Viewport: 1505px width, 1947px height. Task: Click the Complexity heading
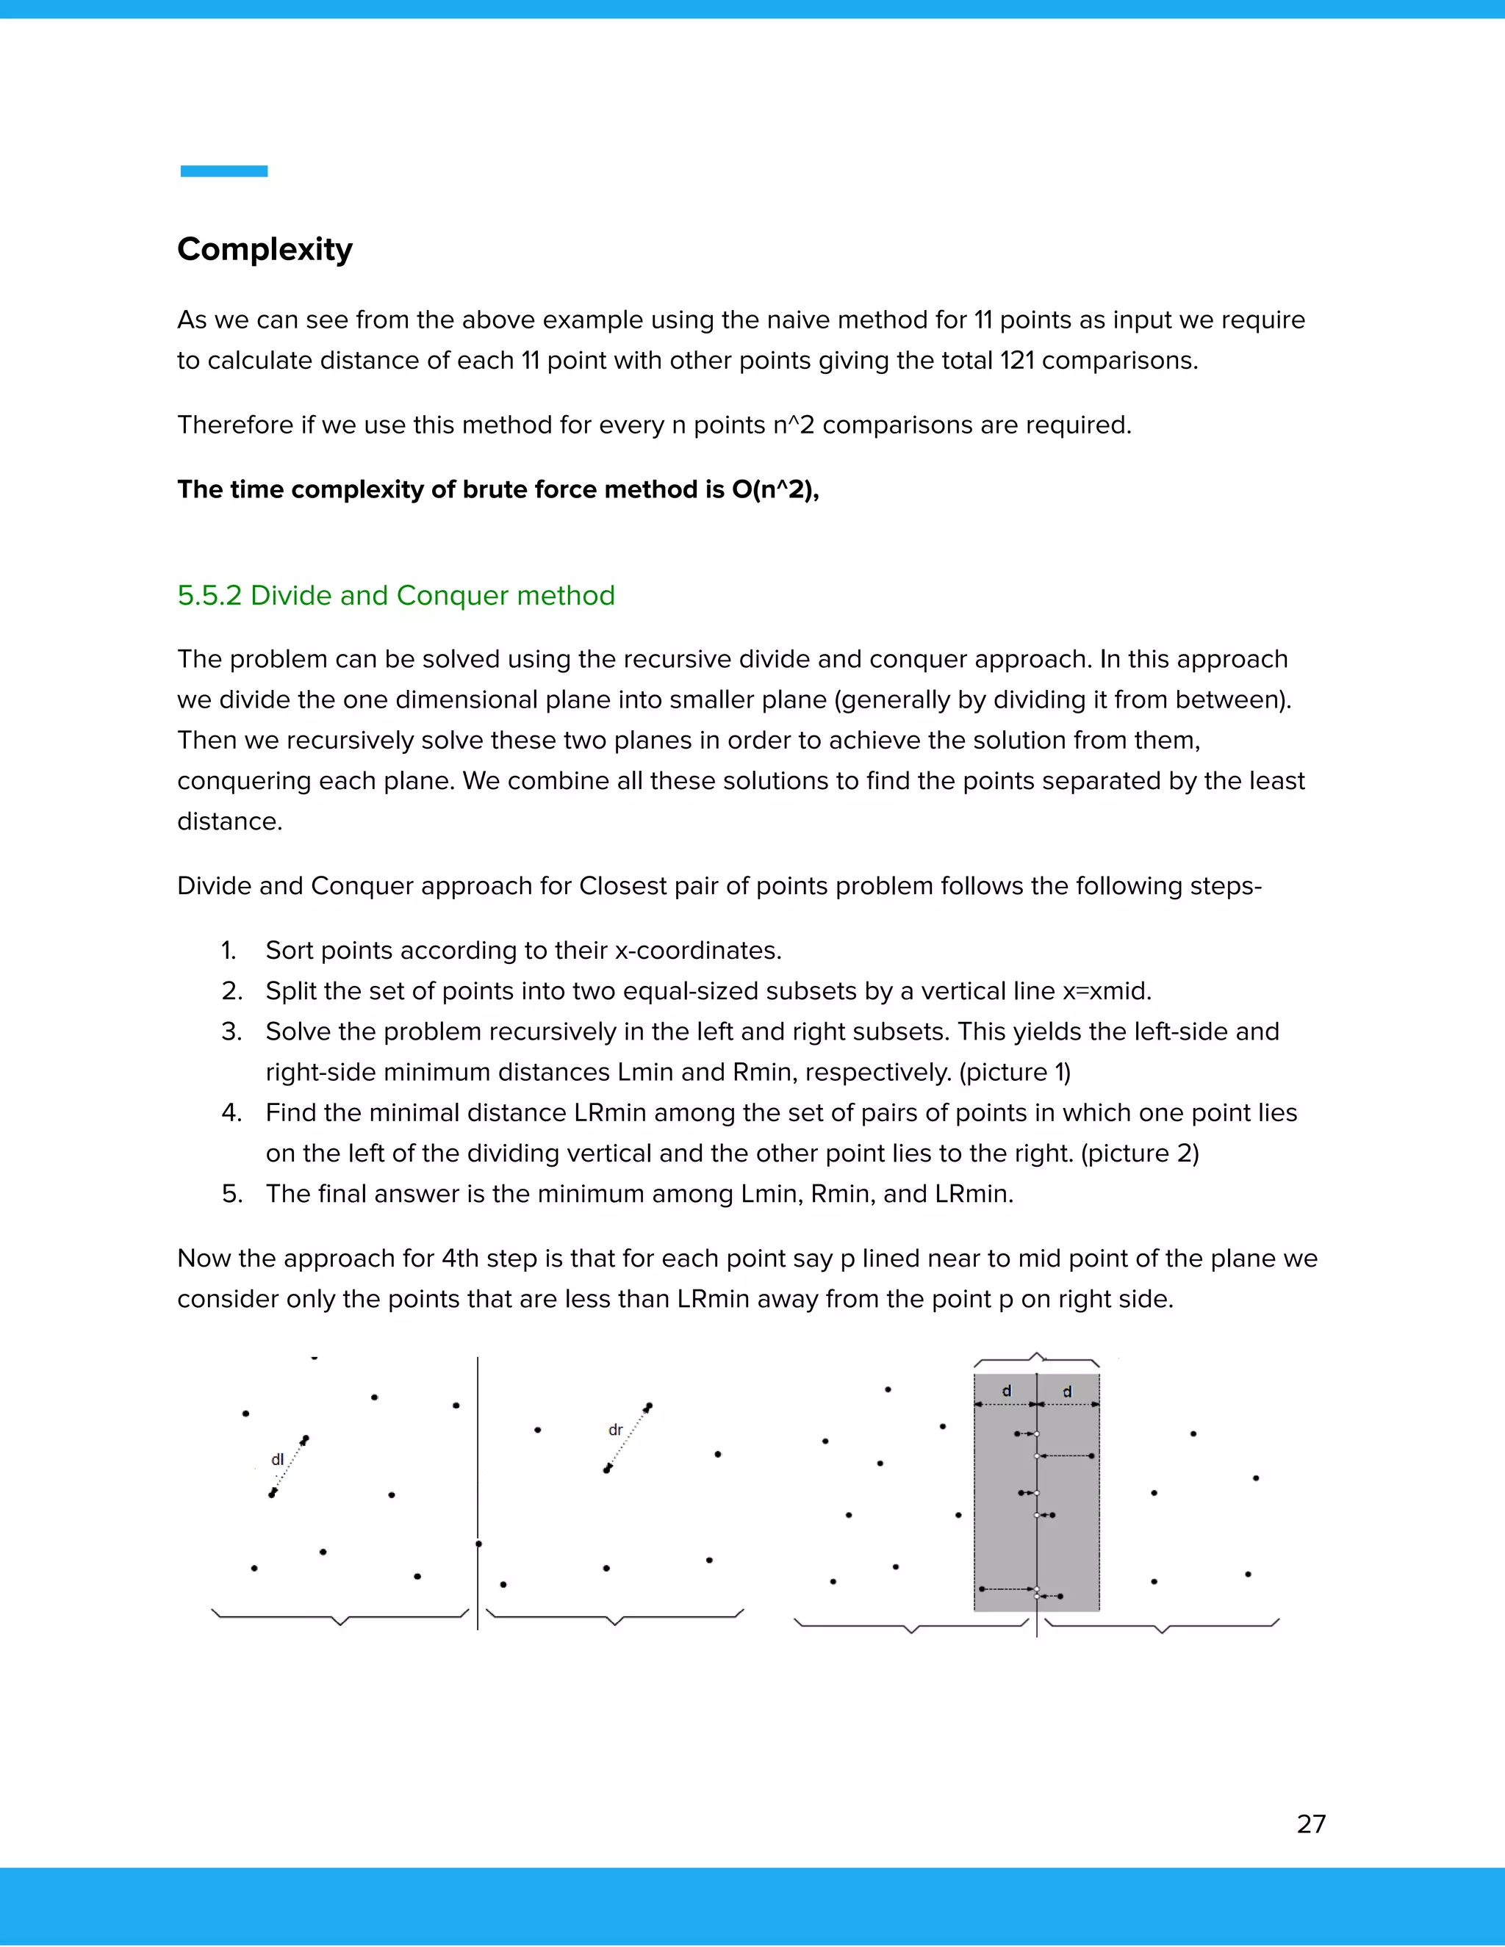[x=265, y=249]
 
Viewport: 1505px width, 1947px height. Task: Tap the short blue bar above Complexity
[x=224, y=171]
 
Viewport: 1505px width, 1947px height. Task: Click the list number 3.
[x=231, y=1032]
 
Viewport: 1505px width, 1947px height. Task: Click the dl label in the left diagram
[x=277, y=1459]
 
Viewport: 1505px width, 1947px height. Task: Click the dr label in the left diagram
[x=615, y=1430]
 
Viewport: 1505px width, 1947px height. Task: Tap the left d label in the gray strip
[x=1007, y=1391]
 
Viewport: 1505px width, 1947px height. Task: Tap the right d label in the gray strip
[x=1067, y=1391]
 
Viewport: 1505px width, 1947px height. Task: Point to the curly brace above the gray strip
[x=1036, y=1359]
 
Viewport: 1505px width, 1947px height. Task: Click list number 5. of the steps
[x=231, y=1194]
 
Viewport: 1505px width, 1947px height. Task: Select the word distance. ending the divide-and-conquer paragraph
[x=229, y=821]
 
